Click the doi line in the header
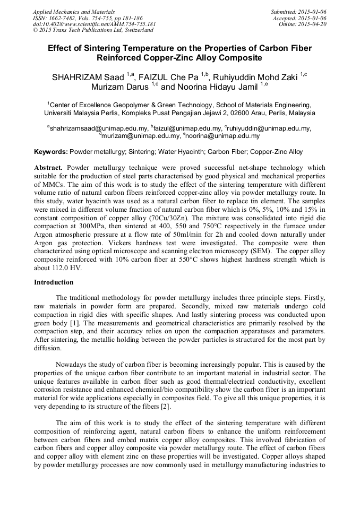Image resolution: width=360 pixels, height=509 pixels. pyautogui.click(x=95, y=24)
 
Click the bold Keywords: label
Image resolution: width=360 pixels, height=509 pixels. pyautogui.click(x=51, y=152)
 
